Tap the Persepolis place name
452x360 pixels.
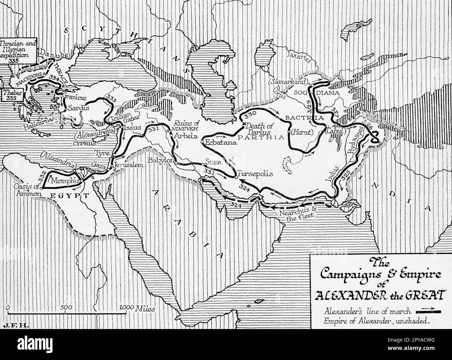click(253, 174)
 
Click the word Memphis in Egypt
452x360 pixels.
click(65, 181)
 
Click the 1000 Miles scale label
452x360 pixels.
click(137, 308)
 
